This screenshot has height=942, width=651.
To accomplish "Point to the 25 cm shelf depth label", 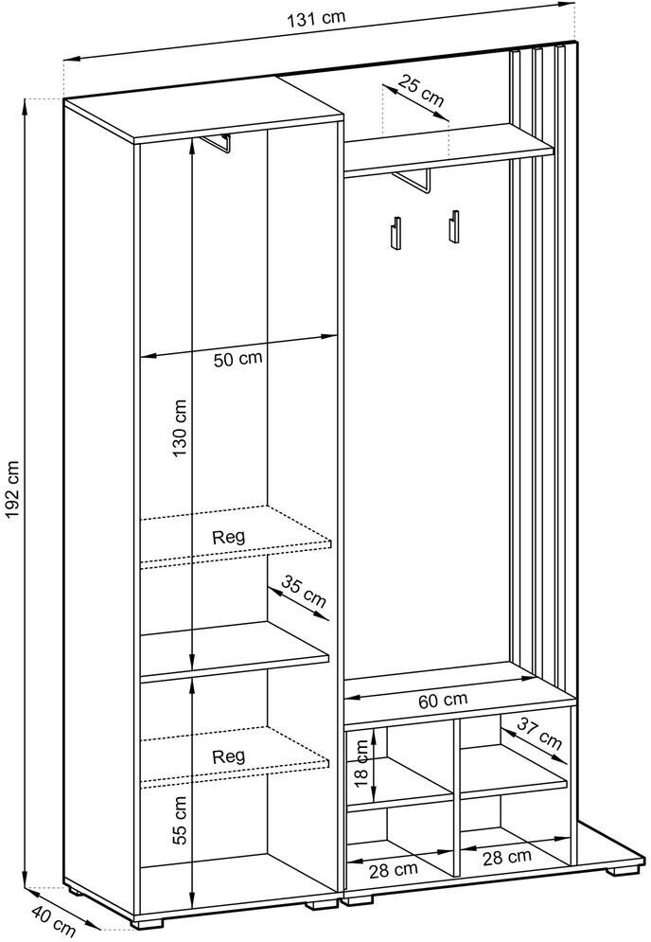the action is tap(421, 91).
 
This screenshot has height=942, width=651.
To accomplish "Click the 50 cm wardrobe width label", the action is tap(238, 359).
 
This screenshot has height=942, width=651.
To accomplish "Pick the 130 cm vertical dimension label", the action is tap(180, 428).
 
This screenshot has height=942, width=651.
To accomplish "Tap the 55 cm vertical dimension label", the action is tap(180, 820).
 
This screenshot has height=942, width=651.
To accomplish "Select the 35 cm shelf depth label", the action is tap(305, 593).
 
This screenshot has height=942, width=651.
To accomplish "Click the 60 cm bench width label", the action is tap(443, 700).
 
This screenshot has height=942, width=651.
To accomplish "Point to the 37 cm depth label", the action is tap(540, 734).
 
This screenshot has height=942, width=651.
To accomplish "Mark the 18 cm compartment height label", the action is tap(361, 764).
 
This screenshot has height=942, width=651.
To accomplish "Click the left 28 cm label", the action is tap(394, 869).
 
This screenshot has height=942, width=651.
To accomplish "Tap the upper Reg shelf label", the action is tap(229, 537).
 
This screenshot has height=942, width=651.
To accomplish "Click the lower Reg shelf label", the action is tap(229, 755).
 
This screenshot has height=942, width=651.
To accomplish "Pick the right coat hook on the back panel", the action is tap(453, 226).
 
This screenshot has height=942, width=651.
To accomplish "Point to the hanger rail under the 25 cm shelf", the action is tap(413, 183).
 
